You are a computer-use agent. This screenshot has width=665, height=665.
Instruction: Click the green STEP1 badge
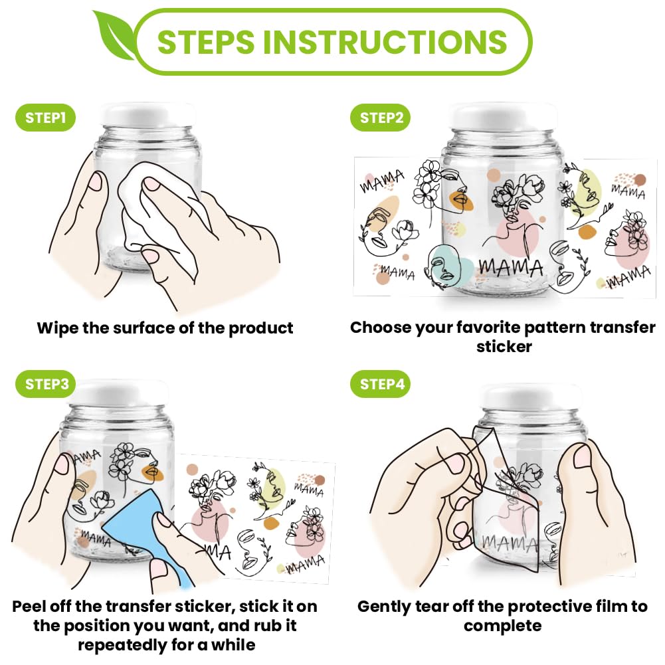(45, 118)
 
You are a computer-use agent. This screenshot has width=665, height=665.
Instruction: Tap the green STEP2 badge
(381, 118)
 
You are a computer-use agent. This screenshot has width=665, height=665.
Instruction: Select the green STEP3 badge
(45, 384)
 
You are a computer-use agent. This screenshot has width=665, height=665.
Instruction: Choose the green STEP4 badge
(381, 384)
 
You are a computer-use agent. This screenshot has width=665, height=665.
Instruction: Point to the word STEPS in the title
(206, 42)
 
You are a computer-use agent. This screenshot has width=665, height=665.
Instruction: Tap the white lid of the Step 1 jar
(147, 114)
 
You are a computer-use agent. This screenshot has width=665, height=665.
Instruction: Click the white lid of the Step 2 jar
(503, 116)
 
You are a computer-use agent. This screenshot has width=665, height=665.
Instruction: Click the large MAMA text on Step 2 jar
(511, 268)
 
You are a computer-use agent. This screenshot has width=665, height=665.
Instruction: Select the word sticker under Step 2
(504, 347)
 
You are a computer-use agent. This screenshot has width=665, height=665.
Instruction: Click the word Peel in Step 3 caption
(29, 607)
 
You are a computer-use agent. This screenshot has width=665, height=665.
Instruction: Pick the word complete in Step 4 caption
(502, 626)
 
